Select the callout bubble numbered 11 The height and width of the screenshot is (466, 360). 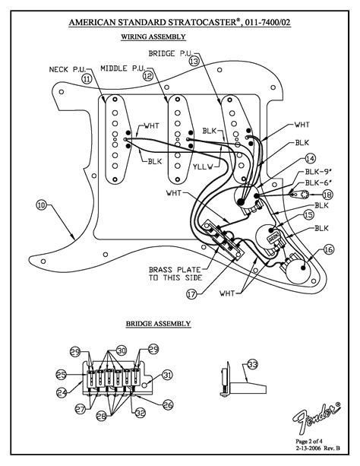click(86, 78)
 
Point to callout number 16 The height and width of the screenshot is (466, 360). click(328, 249)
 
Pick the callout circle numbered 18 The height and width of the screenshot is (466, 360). click(327, 195)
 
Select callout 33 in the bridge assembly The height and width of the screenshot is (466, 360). click(252, 363)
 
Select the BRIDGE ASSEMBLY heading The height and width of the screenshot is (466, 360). click(158, 324)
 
